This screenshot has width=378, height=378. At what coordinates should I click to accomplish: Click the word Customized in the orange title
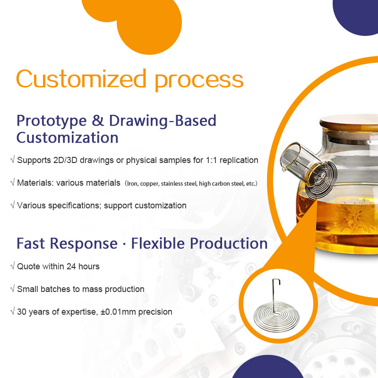(81, 78)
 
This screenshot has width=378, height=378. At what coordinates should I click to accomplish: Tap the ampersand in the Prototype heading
(98, 120)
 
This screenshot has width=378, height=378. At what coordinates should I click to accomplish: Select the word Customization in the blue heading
(67, 137)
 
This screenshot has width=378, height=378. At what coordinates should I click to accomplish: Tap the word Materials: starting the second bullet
(35, 183)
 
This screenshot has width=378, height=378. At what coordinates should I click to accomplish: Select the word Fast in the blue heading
(30, 243)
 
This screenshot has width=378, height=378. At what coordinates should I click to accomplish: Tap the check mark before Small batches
(13, 288)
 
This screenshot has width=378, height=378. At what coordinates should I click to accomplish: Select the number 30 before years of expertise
(22, 312)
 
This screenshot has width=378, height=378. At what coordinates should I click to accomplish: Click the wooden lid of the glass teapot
(349, 124)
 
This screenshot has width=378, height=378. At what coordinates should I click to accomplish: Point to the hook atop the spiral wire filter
(276, 282)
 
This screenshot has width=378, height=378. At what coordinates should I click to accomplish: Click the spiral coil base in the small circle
(276, 317)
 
